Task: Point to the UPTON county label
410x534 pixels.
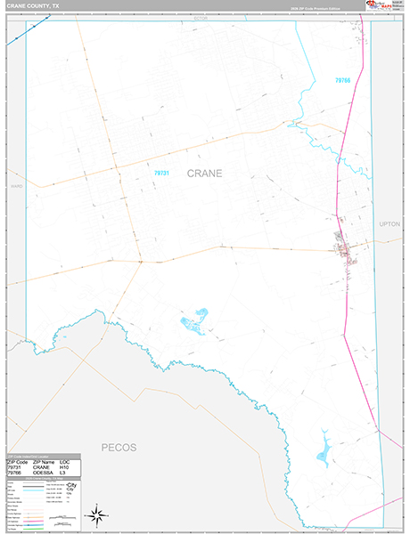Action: [389, 223]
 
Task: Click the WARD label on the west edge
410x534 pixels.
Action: [15, 187]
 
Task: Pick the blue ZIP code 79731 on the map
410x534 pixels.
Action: [160, 174]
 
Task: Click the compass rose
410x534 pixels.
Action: [98, 514]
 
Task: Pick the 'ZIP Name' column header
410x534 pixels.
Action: [43, 461]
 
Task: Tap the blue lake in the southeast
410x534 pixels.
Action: [323, 442]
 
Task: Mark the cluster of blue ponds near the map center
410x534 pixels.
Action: [195, 318]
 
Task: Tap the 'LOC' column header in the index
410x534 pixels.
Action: [64, 461]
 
